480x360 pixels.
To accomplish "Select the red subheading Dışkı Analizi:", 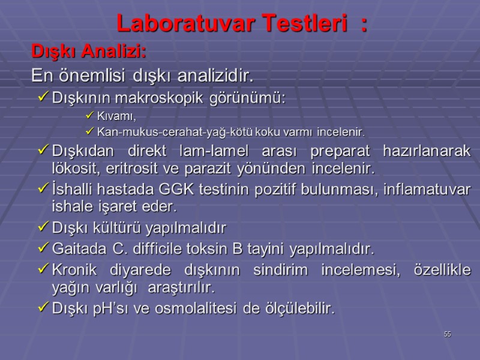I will pyautogui.click(x=89, y=52).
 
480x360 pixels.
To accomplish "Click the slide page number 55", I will pyautogui.click(x=447, y=334).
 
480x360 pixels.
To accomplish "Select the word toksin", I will pyautogui.click(x=206, y=248).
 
